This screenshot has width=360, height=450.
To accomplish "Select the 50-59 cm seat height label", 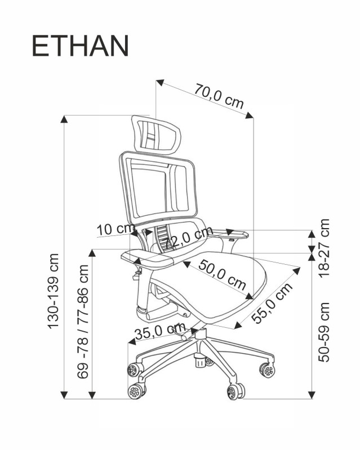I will pos(324,332).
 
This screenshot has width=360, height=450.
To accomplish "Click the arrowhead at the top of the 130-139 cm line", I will pos(65,119).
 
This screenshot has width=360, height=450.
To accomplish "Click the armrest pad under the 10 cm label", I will pos(152,259).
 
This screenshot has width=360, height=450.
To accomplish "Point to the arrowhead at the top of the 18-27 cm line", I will pos(312,232).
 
